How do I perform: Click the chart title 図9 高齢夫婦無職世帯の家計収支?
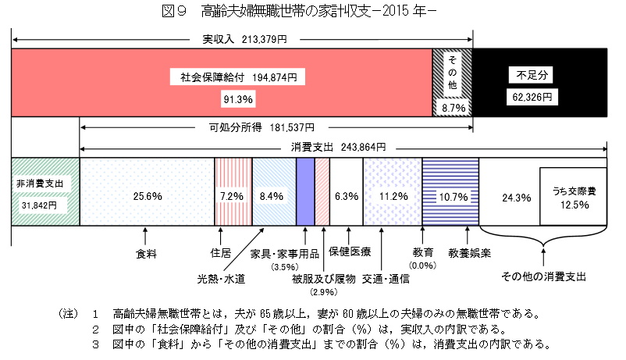pos(312,12)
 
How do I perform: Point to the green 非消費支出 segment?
pos(45,192)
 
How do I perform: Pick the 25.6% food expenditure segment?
pos(147,196)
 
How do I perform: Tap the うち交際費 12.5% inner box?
pos(574,197)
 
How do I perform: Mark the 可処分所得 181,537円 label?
pos(261,127)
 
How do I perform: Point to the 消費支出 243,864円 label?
pos(343,147)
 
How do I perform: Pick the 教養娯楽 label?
pos(469,253)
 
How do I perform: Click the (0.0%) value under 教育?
pos(421,266)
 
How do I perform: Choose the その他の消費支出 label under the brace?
pos(543,276)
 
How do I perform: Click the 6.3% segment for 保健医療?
pos(345,196)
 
